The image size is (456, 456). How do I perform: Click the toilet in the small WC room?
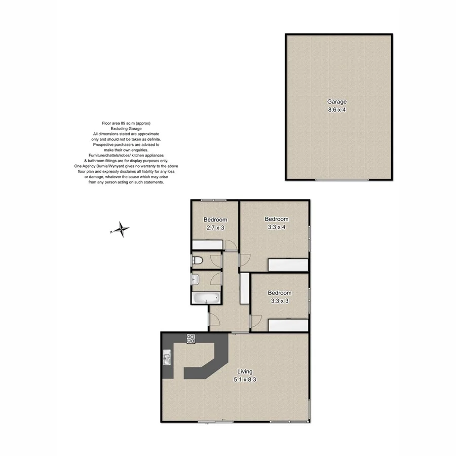199,261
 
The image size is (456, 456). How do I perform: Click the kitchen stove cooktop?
191,338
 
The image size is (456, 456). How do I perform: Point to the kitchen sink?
167,360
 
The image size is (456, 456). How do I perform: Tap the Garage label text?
336,101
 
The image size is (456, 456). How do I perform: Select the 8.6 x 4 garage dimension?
336,109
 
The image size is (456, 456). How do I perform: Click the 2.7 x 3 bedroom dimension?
215,227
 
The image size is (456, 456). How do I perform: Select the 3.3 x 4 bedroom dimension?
277,227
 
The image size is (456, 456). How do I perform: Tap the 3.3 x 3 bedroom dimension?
280,300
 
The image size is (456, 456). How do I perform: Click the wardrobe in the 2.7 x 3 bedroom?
207,245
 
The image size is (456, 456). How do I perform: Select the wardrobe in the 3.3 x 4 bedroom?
288,265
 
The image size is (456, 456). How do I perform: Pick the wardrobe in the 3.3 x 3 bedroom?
288,325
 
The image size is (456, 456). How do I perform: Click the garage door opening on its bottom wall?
341,180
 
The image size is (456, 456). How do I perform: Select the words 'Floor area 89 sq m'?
120,123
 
